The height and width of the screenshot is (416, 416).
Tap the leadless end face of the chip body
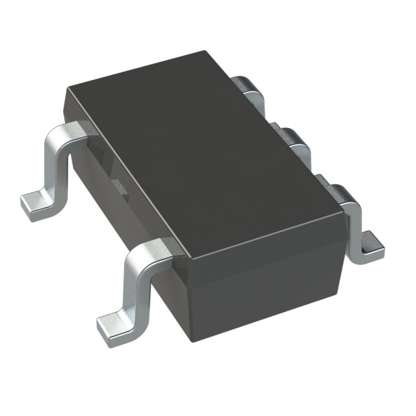(x=266, y=286)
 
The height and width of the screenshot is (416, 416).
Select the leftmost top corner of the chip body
(x=65, y=91)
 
